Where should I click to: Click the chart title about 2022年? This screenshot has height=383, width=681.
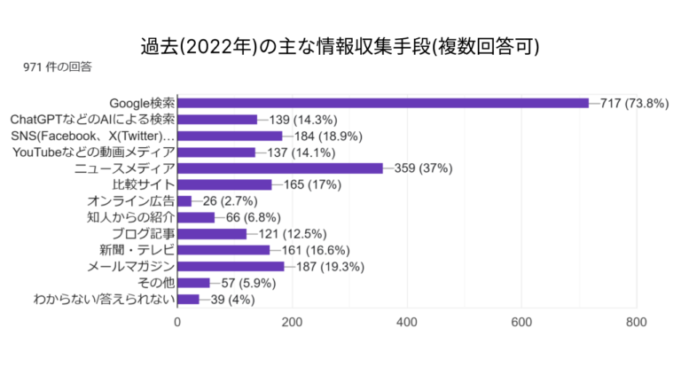click(x=340, y=46)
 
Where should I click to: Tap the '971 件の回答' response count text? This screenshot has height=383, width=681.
click(x=59, y=66)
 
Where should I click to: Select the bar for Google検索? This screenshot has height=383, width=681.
click(x=383, y=103)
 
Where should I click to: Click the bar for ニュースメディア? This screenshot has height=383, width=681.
click(x=280, y=168)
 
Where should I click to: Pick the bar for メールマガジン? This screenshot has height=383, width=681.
click(x=231, y=266)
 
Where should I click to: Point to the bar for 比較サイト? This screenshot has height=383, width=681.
click(x=225, y=184)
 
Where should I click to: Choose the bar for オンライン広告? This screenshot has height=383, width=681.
click(x=184, y=201)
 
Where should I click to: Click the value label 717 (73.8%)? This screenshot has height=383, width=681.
click(x=634, y=103)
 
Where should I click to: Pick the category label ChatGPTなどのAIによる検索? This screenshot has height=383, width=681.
click(x=92, y=120)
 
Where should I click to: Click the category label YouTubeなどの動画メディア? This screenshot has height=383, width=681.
click(x=94, y=152)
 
